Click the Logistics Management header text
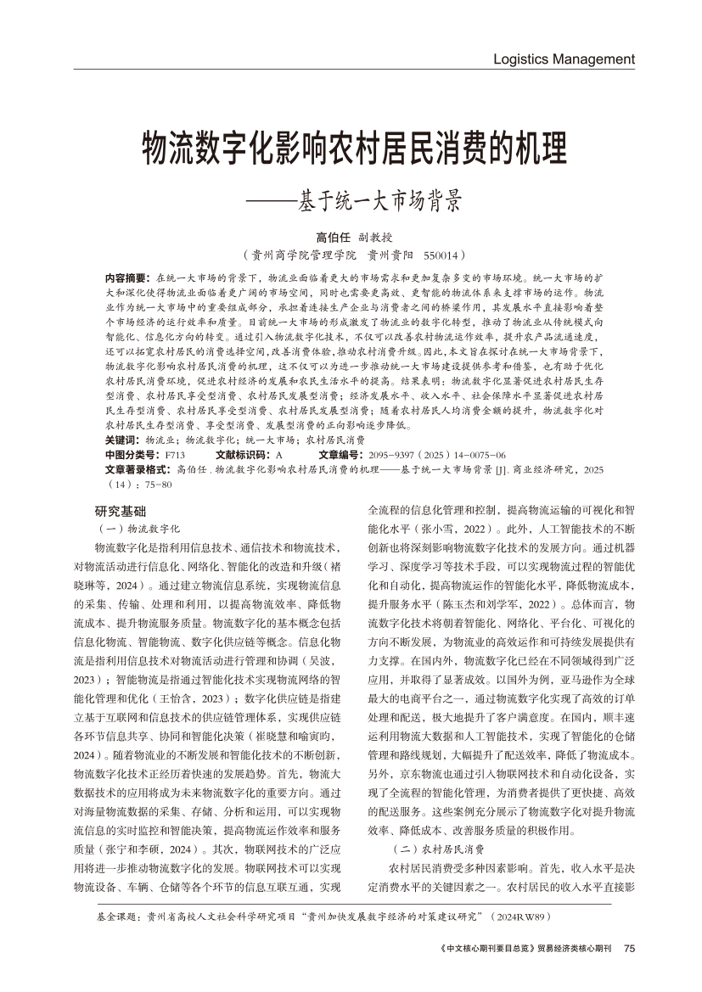pyautogui.click(x=564, y=59)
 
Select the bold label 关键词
pyautogui.click(x=122, y=440)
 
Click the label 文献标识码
pyautogui.click(x=243, y=455)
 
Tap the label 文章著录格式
pyautogui.click(x=139, y=468)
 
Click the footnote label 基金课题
pyautogui.click(x=121, y=917)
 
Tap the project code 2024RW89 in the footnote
pyautogui.click(x=519, y=917)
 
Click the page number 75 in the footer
pyautogui.click(x=629, y=949)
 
